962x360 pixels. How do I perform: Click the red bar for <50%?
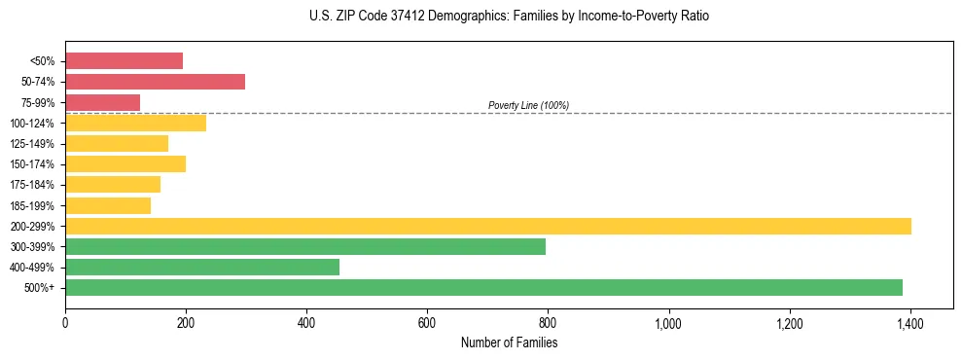point(124,61)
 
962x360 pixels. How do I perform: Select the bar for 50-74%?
point(155,82)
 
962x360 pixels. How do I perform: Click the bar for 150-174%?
point(125,163)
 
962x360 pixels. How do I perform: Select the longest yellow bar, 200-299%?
point(487,226)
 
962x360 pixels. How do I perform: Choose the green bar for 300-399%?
point(304,246)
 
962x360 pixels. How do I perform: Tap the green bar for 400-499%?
point(201,267)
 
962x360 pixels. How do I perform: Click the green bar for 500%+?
point(483,287)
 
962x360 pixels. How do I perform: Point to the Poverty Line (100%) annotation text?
point(528,105)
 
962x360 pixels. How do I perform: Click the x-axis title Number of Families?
point(509,342)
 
